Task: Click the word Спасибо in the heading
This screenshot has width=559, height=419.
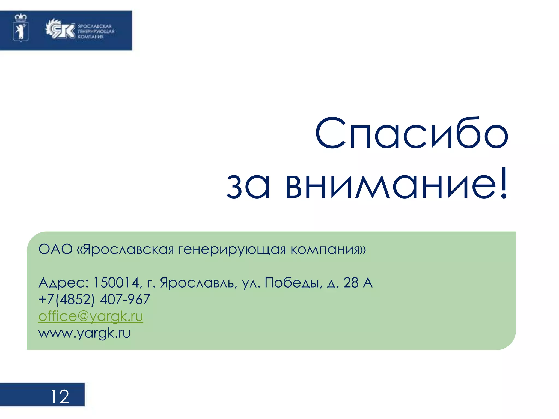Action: point(412,133)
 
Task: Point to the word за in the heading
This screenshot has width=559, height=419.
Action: point(248,185)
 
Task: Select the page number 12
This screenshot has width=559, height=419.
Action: point(60,396)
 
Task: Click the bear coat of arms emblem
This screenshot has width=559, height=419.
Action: point(21,28)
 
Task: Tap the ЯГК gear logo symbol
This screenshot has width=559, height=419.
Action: point(60,29)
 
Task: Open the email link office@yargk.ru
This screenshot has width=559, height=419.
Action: point(91,316)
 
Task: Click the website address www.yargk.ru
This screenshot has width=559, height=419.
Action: point(84,333)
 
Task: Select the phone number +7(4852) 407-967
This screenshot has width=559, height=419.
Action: point(94,299)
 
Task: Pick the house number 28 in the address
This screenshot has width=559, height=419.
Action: point(351,283)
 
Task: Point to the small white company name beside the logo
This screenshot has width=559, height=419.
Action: point(96,31)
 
